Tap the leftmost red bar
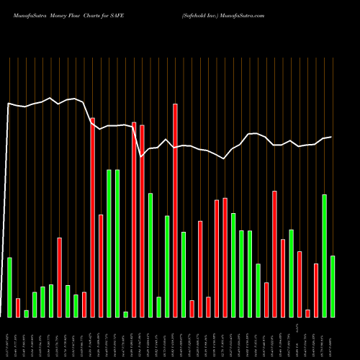coord(18,307)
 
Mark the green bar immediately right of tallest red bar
coord(184,274)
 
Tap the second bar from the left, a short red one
coord(18,307)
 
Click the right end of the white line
coord(331,137)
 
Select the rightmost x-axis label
coord(333,337)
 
